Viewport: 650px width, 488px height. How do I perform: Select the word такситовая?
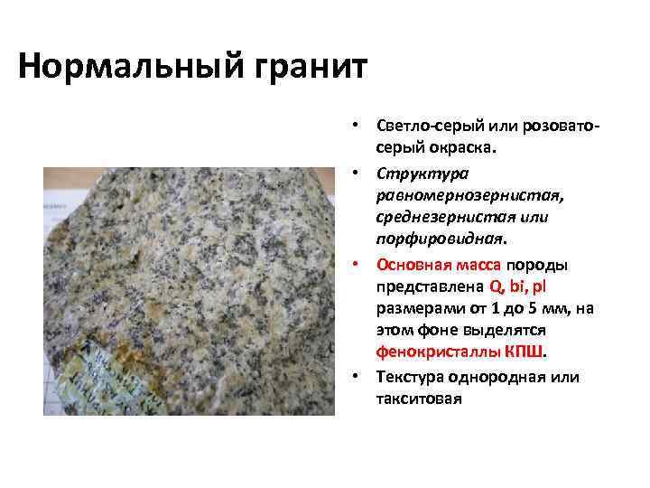pos(419,399)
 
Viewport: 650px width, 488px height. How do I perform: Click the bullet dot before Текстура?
pos(357,375)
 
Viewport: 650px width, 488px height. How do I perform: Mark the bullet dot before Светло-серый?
pos(357,123)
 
